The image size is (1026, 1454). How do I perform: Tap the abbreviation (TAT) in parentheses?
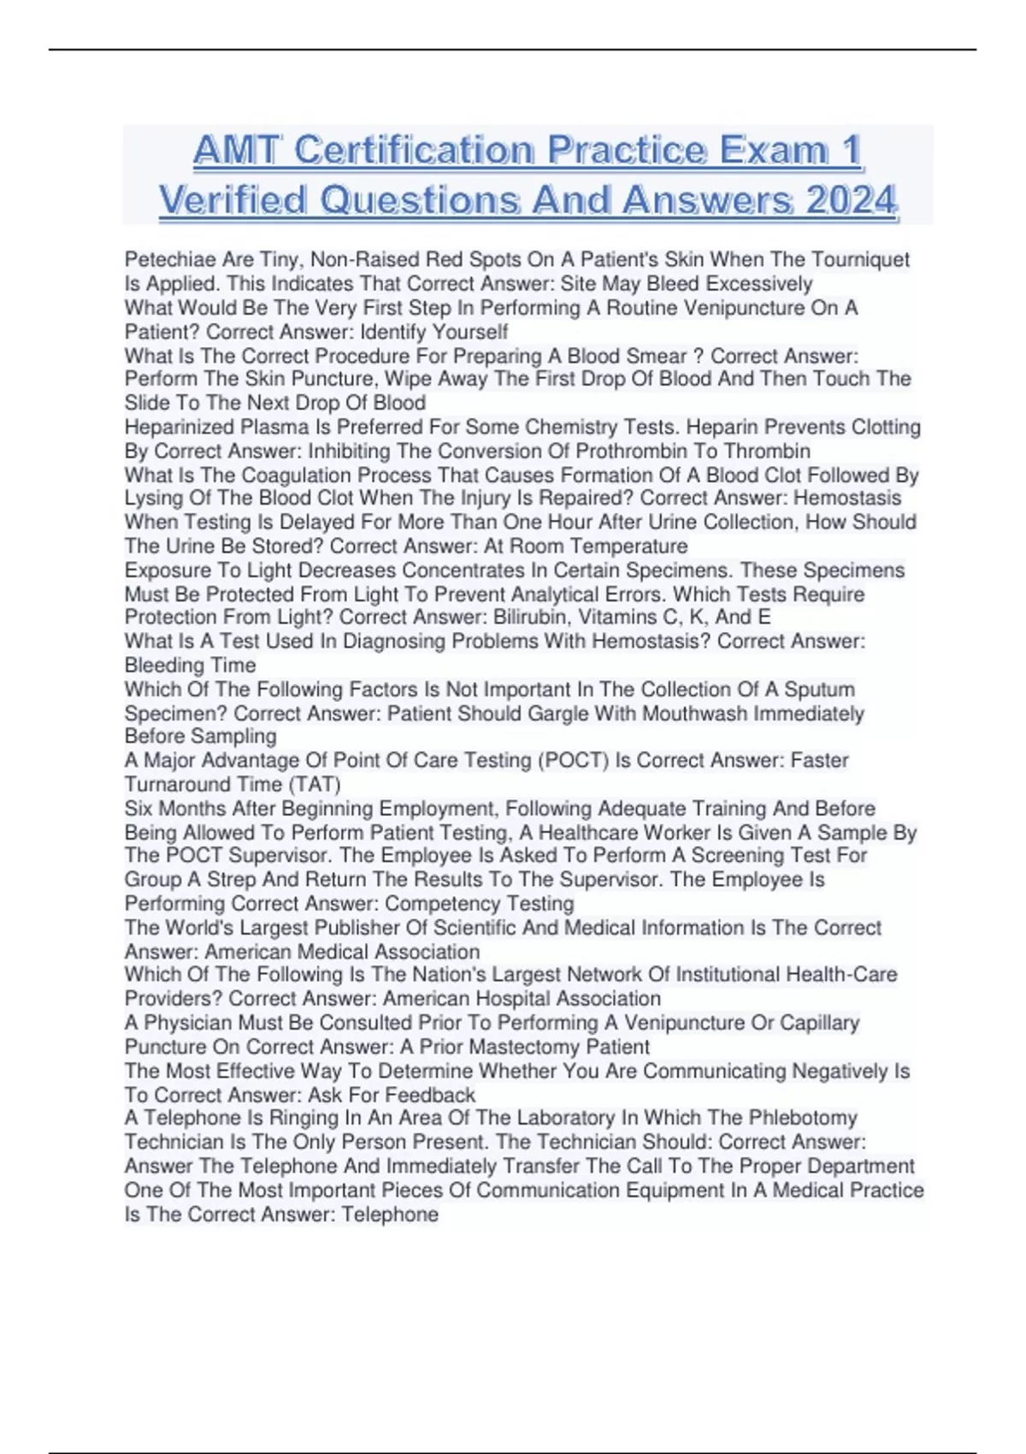point(315,784)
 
